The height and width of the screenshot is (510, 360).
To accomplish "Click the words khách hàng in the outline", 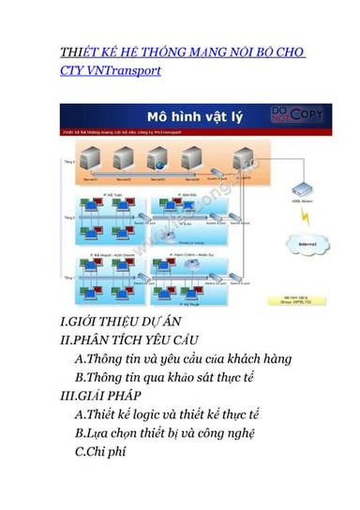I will click(x=258, y=358).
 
